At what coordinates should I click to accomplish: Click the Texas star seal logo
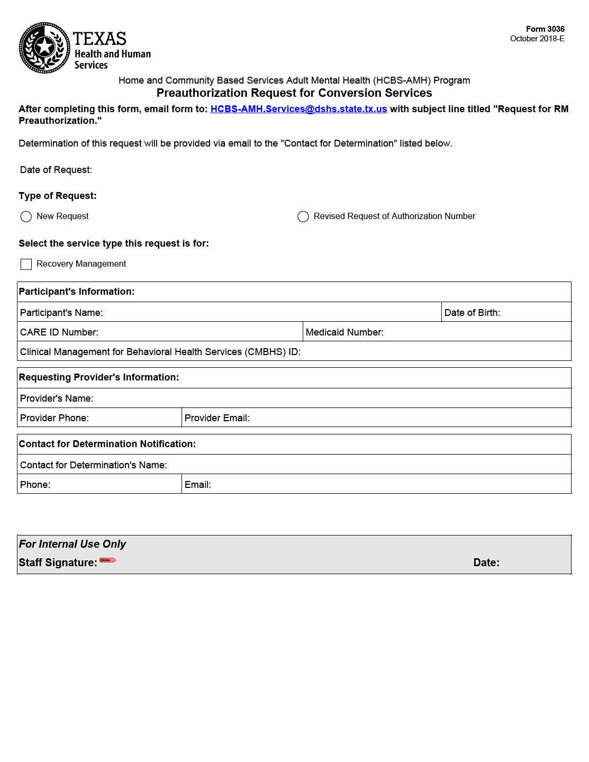44,48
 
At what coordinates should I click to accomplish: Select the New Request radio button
26,216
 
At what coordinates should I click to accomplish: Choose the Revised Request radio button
303,216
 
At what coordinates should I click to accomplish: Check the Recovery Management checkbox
26,264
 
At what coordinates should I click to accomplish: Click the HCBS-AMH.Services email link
298,109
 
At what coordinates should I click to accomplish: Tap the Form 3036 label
545,29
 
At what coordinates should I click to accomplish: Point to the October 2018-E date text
537,39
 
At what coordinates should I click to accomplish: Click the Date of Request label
56,170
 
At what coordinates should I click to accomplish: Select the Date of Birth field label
472,313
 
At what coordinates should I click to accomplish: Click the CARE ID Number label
59,332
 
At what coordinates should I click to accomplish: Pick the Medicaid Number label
345,332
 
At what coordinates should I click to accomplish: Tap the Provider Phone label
55,418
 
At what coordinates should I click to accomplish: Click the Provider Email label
217,418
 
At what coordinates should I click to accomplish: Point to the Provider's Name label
57,398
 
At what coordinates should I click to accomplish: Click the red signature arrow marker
108,560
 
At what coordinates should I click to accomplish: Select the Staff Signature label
58,563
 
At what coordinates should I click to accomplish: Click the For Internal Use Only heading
73,544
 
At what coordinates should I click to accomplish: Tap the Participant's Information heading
77,292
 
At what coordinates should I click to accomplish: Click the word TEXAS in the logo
99,39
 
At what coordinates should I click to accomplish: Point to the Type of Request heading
58,196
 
